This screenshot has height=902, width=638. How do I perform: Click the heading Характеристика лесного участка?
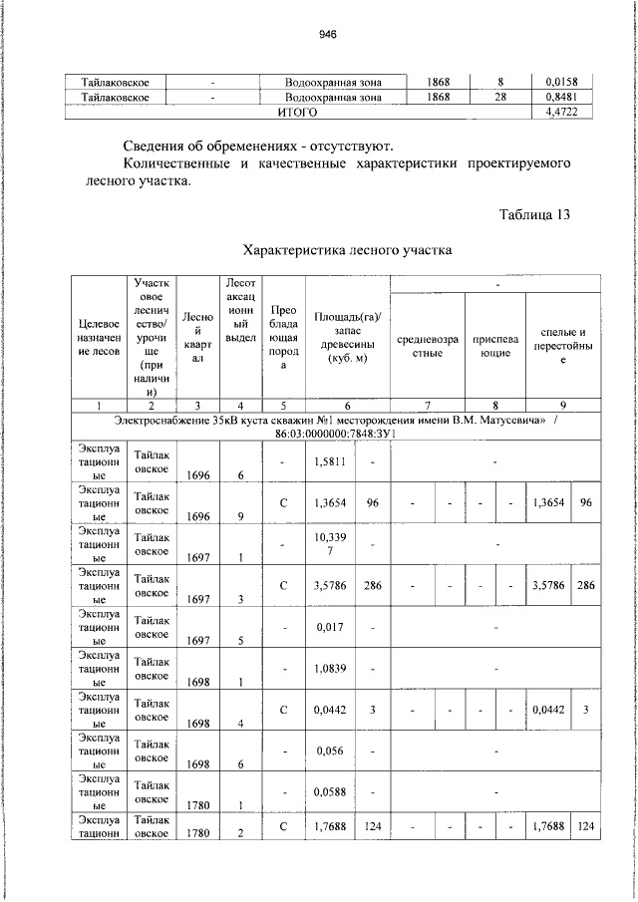coord(348,250)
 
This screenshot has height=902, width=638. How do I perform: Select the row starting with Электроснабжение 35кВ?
coord(318,429)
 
